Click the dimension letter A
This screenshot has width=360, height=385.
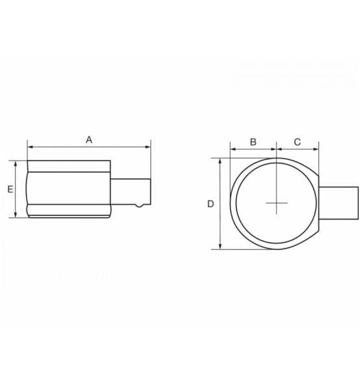click(x=90, y=139)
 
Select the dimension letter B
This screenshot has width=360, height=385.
click(x=253, y=141)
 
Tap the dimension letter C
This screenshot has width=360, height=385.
click(x=298, y=141)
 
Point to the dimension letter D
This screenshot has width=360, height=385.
click(x=211, y=204)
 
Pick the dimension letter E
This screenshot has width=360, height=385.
click(x=10, y=189)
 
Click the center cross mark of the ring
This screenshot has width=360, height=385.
click(x=277, y=204)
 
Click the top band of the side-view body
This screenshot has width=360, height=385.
click(x=69, y=166)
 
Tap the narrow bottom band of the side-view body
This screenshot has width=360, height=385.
click(x=69, y=211)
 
